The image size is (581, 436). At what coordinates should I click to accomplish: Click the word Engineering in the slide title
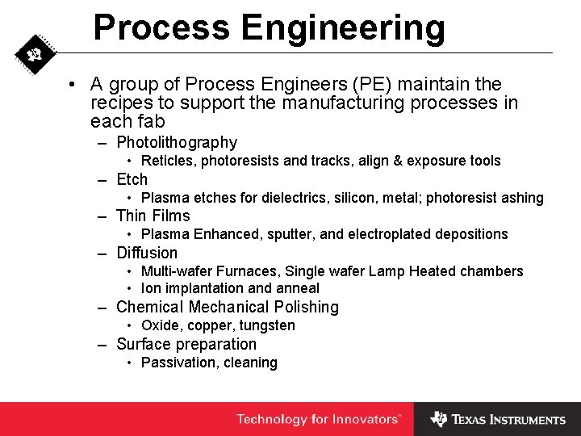344,27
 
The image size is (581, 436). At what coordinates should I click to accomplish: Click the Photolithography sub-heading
177,143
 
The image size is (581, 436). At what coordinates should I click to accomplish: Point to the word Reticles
169,161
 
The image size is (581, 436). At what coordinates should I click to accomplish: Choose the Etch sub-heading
132,179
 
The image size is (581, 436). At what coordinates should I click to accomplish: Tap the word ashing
523,198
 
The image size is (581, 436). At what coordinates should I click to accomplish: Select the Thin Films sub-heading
153,216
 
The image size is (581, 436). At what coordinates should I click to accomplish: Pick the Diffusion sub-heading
147,253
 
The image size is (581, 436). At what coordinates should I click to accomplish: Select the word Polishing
306,307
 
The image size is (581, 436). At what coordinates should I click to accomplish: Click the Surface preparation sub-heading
186,344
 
